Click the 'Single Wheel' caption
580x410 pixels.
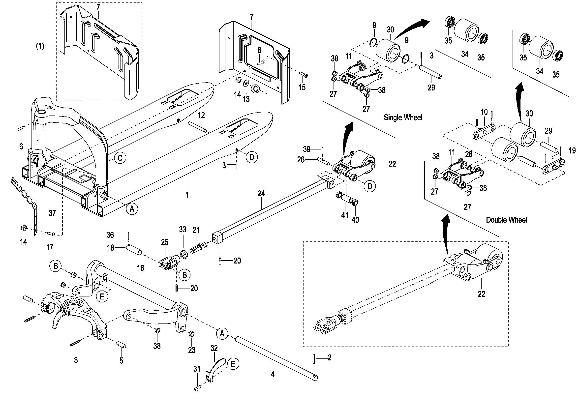[403, 117]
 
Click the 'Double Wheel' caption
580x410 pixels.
[507, 220]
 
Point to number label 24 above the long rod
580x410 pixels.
[261, 194]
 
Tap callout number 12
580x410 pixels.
[201, 115]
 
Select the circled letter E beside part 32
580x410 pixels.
[233, 364]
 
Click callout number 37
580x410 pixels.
[52, 213]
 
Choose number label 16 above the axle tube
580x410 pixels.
[140, 268]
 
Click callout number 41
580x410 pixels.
[345, 215]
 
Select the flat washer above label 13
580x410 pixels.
[245, 83]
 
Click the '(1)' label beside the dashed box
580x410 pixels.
[40, 46]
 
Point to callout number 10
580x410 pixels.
[484, 112]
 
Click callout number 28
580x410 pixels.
[469, 154]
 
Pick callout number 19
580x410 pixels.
[572, 151]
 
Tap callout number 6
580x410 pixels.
[21, 146]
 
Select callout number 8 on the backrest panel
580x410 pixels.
[259, 50]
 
